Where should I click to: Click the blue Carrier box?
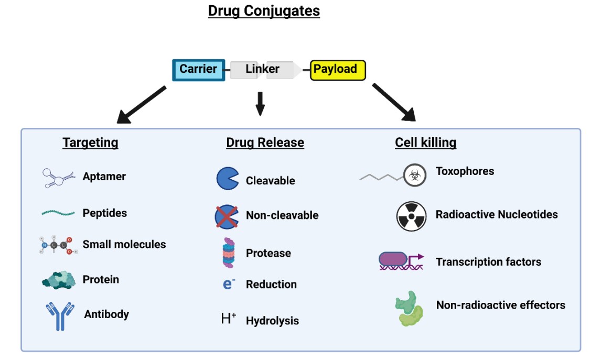pos(199,70)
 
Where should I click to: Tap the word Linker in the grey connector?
pos(262,69)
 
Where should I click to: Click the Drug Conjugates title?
pos(264,11)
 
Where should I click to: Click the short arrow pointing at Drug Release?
pos(260,103)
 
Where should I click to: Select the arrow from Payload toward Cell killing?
pos(394,102)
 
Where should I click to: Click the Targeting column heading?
pos(90,143)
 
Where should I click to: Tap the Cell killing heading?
pos(425,143)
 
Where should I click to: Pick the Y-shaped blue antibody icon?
pos(59,315)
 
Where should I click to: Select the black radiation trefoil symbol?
pos(411,216)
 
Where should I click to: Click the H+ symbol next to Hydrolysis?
pos(229,319)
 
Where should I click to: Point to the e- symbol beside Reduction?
pos(229,284)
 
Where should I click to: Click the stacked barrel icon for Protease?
pos(229,253)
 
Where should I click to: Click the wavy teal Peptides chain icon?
pos(58,213)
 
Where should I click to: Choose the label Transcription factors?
pos(488,262)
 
